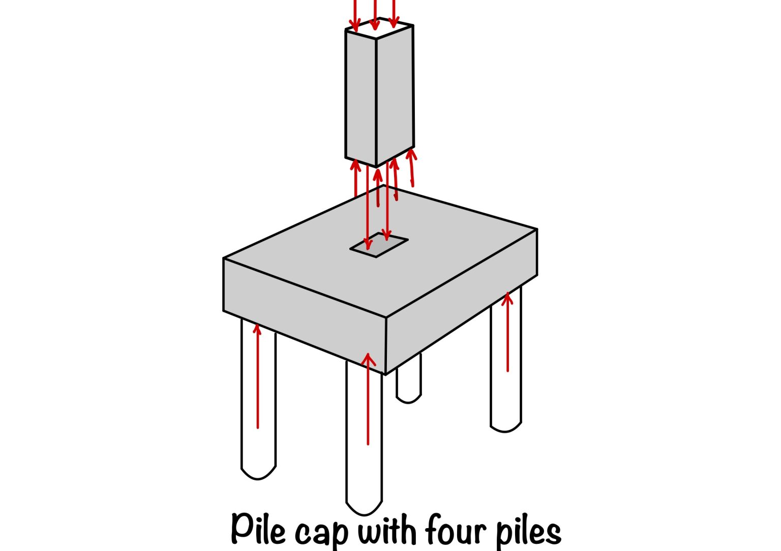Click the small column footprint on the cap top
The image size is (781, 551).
tap(379, 245)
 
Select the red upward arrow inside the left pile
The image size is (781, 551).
tap(258, 376)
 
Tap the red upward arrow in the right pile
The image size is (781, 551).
tap(507, 331)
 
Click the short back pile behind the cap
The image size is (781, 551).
tap(409, 382)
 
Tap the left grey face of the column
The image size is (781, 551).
tap(361, 97)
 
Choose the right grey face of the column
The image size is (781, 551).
tap(395, 94)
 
